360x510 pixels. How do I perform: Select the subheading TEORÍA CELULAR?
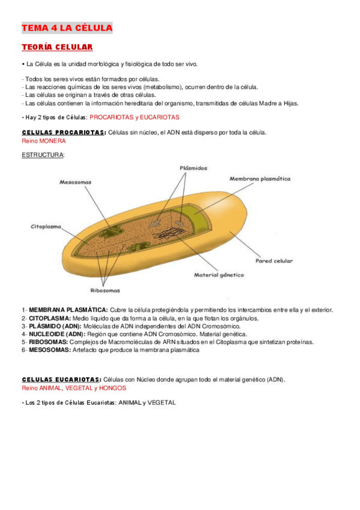pyautogui.click(x=56, y=47)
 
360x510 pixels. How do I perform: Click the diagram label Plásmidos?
pyautogui.click(x=193, y=168)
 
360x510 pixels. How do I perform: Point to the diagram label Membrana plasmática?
pyautogui.click(x=260, y=179)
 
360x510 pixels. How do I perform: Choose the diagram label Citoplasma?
pyautogui.click(x=47, y=227)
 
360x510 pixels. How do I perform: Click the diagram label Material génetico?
pyautogui.click(x=219, y=275)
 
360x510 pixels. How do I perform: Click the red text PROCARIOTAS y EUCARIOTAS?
pyautogui.click(x=134, y=117)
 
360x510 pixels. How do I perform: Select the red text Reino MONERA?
pyautogui.click(x=44, y=141)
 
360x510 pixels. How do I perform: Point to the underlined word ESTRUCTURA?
pyautogui.click(x=43, y=155)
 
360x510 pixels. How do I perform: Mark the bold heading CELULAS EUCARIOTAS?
pyautogui.click(x=60, y=379)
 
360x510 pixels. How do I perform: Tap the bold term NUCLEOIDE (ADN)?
pyautogui.click(x=58, y=334)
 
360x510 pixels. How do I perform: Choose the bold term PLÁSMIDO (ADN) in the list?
pyautogui.click(x=55, y=326)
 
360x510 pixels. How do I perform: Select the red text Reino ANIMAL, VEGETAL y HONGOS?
pyautogui.click(x=74, y=388)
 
